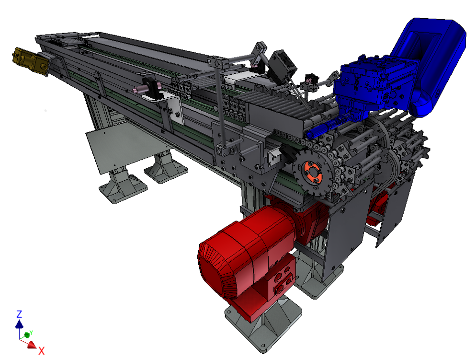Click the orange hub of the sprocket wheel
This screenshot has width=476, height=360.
click(x=311, y=172)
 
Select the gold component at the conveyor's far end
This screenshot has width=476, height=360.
click(x=30, y=61)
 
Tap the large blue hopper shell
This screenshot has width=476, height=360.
click(x=431, y=65)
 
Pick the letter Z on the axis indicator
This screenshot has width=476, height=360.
click(x=19, y=314)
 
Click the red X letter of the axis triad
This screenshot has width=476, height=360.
click(x=41, y=351)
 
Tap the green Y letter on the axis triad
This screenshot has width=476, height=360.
click(x=31, y=333)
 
